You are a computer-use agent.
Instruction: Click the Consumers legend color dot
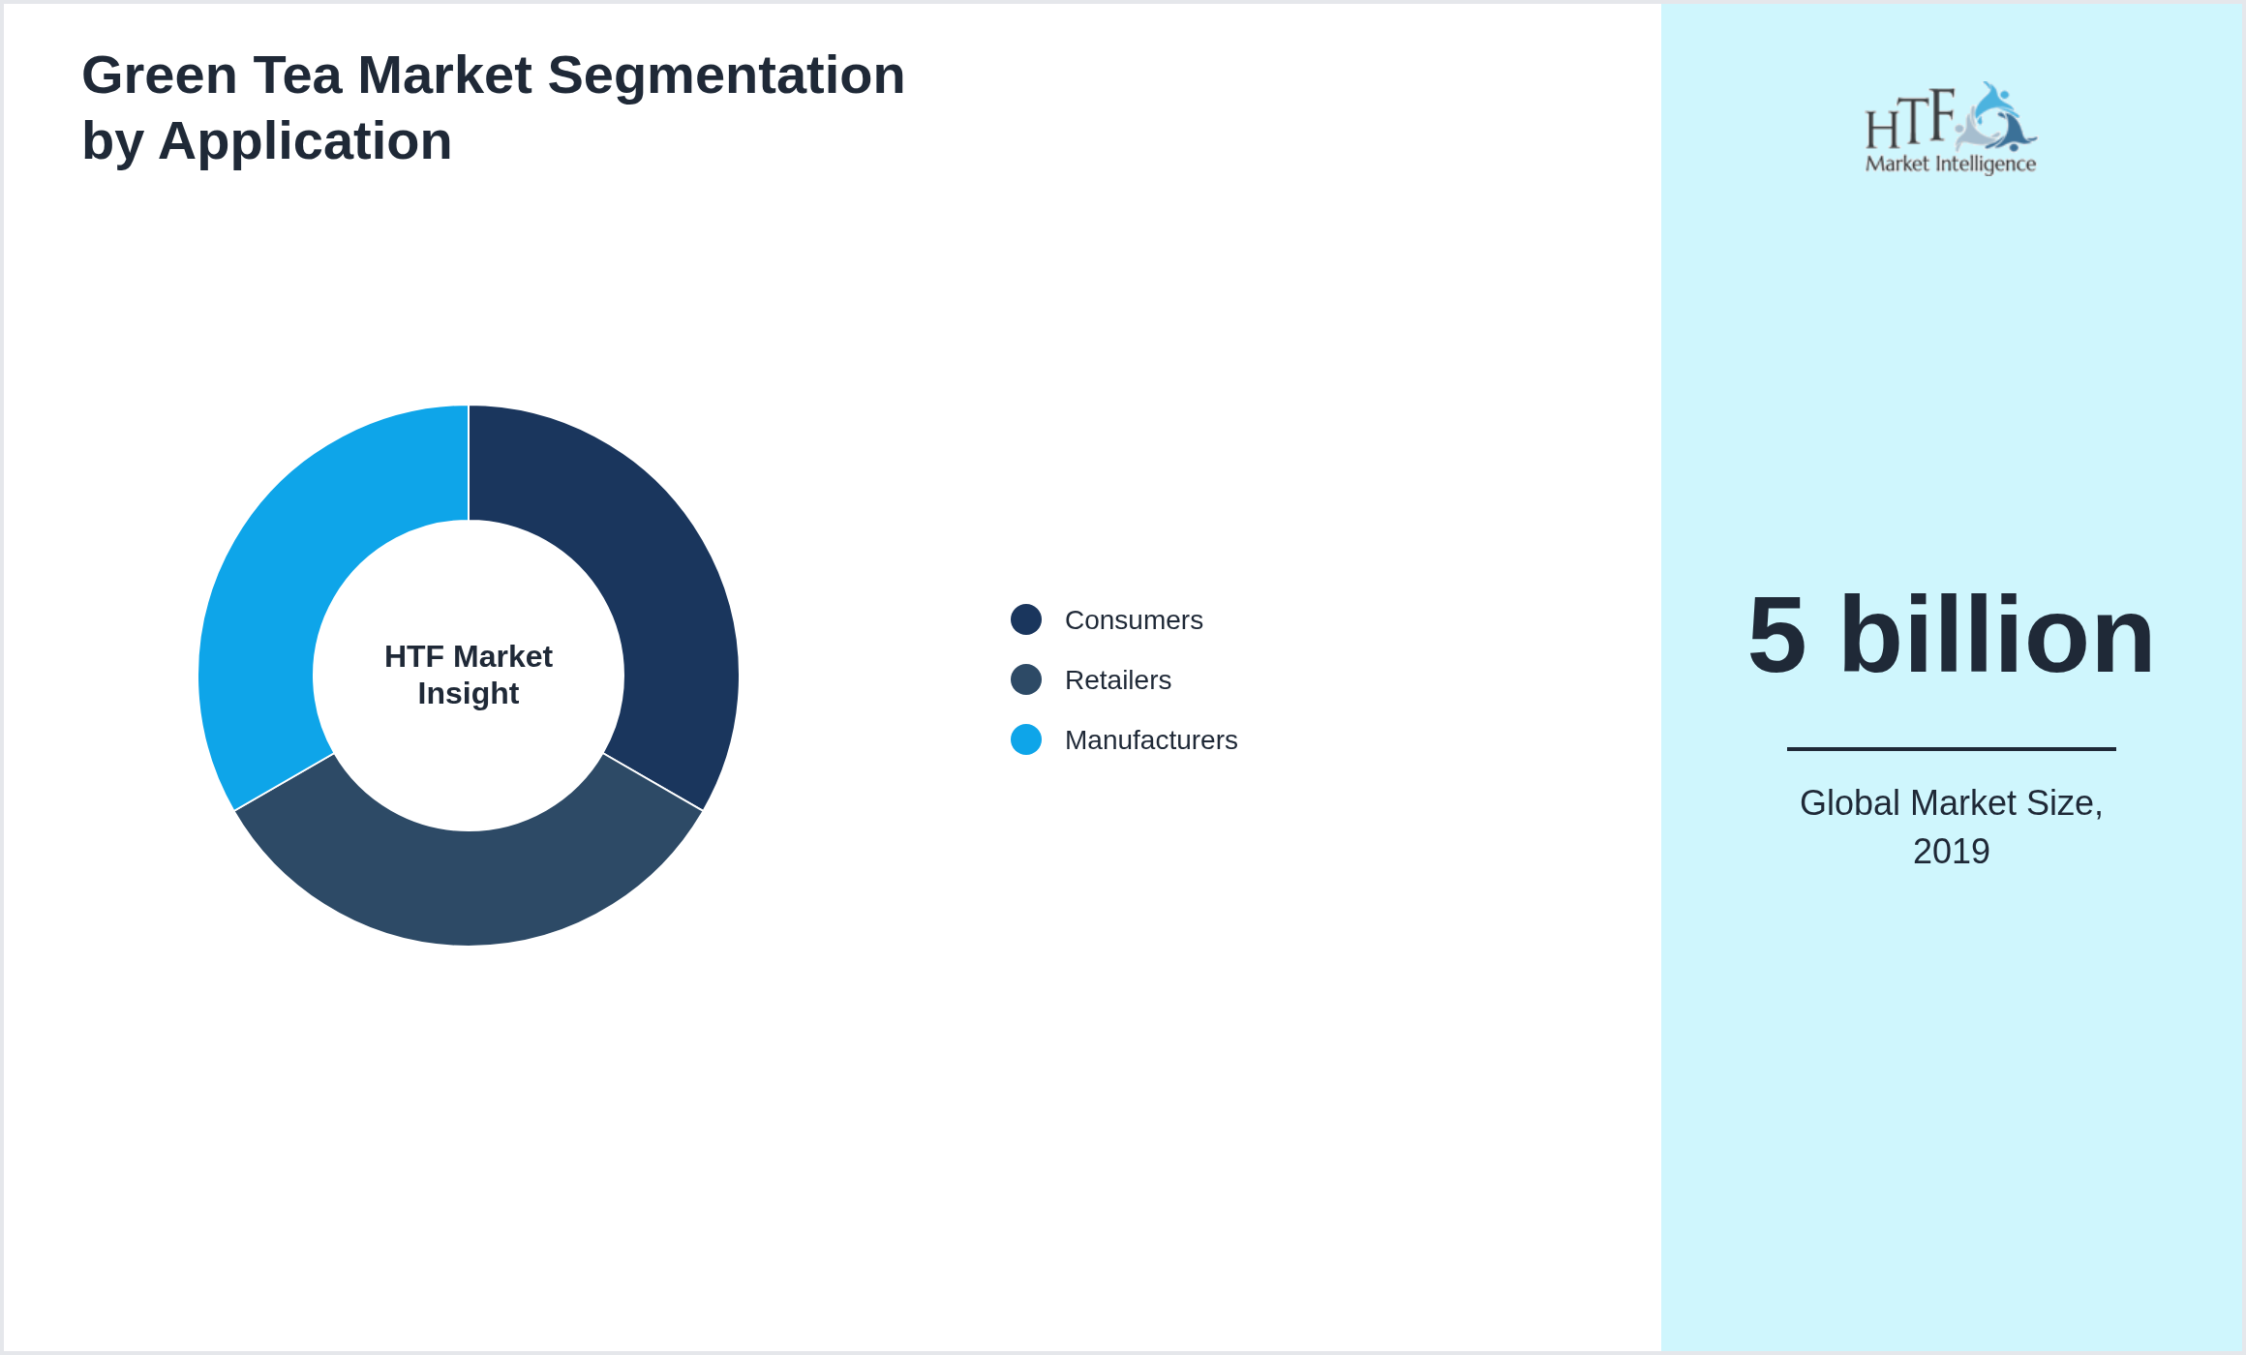(1026, 619)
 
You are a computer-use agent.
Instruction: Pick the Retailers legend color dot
(1026, 679)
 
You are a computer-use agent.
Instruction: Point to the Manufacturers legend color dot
(1026, 739)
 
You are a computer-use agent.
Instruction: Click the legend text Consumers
(1134, 620)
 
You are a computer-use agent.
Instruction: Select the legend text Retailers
(1117, 680)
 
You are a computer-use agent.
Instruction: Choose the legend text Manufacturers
(1151, 740)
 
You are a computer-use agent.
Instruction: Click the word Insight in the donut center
(469, 694)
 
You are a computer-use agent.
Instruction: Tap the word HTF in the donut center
(413, 657)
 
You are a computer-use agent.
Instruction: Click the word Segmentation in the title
(726, 75)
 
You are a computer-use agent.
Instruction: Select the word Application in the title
(305, 141)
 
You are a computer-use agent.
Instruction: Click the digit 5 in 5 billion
(1777, 636)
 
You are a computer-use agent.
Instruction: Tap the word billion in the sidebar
(1996, 636)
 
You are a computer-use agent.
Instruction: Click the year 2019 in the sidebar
(1951, 852)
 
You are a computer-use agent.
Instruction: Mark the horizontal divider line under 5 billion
(1951, 748)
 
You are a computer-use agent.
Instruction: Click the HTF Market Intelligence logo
(1951, 129)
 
